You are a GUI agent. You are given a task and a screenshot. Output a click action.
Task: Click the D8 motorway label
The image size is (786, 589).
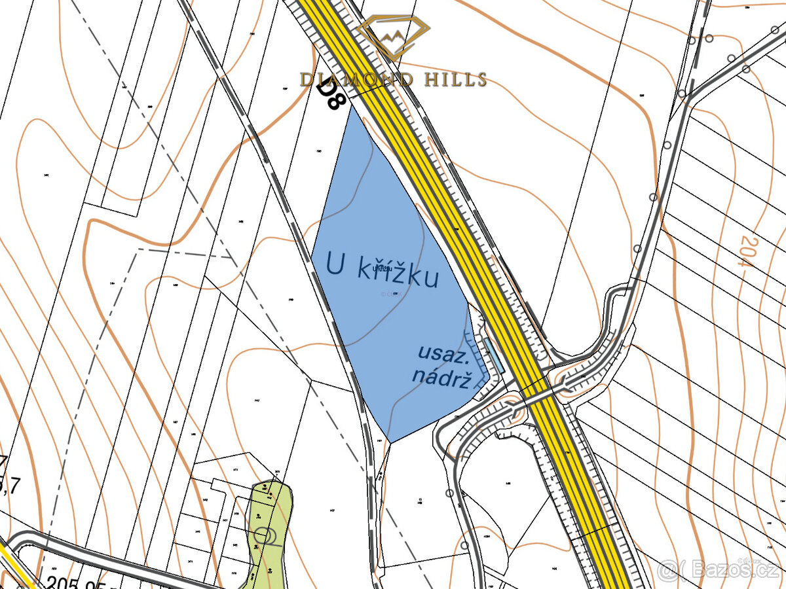[x=331, y=94]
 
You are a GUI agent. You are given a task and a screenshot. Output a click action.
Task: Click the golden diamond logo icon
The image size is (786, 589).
[x=394, y=38]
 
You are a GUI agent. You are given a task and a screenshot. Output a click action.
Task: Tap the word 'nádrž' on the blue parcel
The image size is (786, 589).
[x=441, y=378]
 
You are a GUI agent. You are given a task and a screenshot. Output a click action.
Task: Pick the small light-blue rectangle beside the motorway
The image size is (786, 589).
[x=493, y=355]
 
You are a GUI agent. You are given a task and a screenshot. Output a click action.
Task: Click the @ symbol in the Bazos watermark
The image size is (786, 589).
[x=667, y=570]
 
